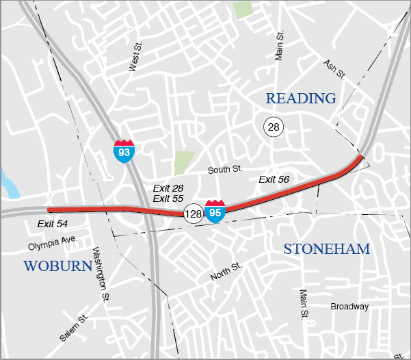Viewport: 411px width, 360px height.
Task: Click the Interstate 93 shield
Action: click(x=124, y=150)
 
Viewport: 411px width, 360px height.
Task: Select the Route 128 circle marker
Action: click(x=193, y=214)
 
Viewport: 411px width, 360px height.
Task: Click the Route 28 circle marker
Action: click(x=274, y=127)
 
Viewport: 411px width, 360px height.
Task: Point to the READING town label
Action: click(x=301, y=99)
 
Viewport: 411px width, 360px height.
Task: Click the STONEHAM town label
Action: click(x=327, y=249)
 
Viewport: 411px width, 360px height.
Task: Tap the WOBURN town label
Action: click(x=58, y=266)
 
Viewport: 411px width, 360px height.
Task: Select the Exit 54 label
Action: click(x=53, y=224)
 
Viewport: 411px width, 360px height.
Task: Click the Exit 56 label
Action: click(x=274, y=179)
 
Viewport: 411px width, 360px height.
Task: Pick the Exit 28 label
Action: click(x=168, y=188)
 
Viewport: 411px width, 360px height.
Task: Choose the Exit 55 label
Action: click(x=168, y=198)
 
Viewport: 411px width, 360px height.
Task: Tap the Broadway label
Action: click(x=349, y=307)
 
